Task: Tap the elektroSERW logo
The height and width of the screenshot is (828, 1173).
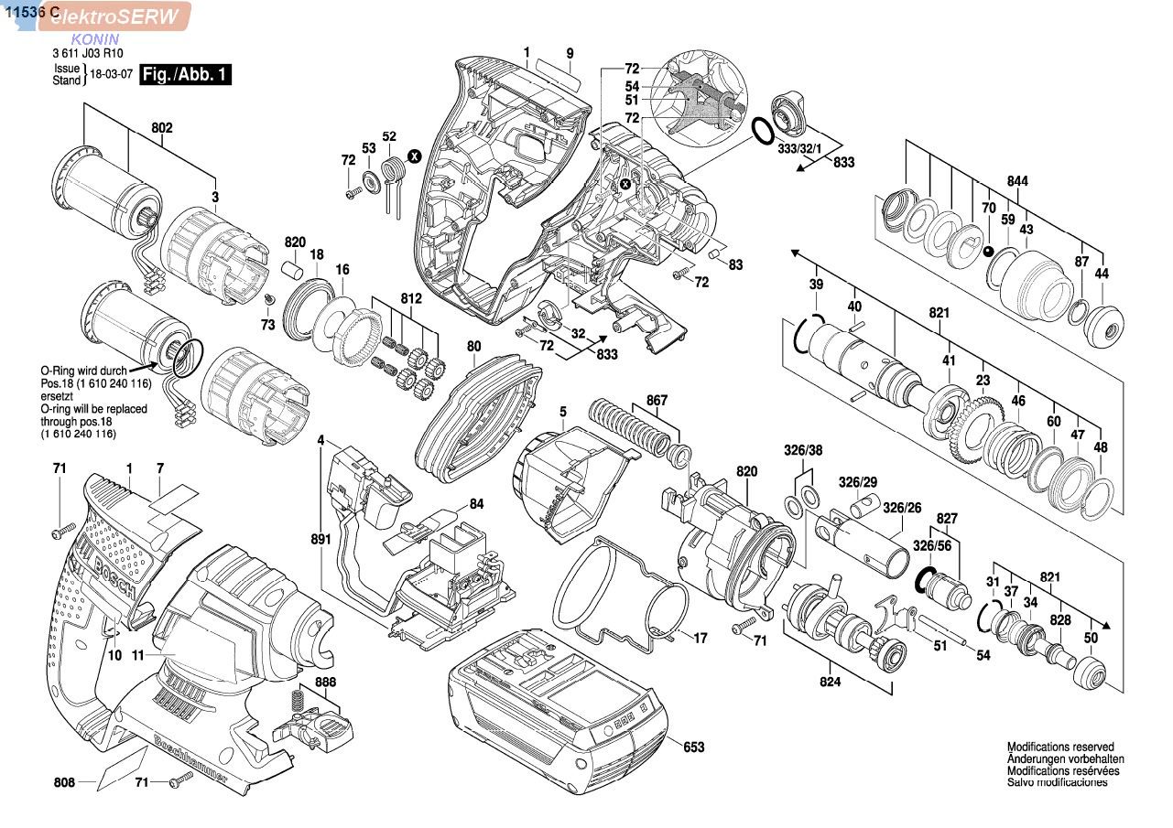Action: pos(114,16)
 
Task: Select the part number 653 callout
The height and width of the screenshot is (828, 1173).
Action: pos(693,747)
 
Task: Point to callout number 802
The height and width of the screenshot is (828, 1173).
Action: pos(161,129)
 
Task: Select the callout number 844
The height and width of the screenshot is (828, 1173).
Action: pos(1016,181)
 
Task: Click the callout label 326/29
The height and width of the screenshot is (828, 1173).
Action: pos(857,482)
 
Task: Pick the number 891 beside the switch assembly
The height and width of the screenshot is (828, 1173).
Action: pos(320,540)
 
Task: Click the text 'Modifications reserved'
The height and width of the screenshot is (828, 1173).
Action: pos(1060,747)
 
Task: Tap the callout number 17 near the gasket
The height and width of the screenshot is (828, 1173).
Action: pos(701,638)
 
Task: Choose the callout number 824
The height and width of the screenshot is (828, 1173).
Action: pos(830,682)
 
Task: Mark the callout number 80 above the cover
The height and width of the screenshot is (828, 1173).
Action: pos(472,346)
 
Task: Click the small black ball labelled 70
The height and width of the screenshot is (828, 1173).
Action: pos(989,251)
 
